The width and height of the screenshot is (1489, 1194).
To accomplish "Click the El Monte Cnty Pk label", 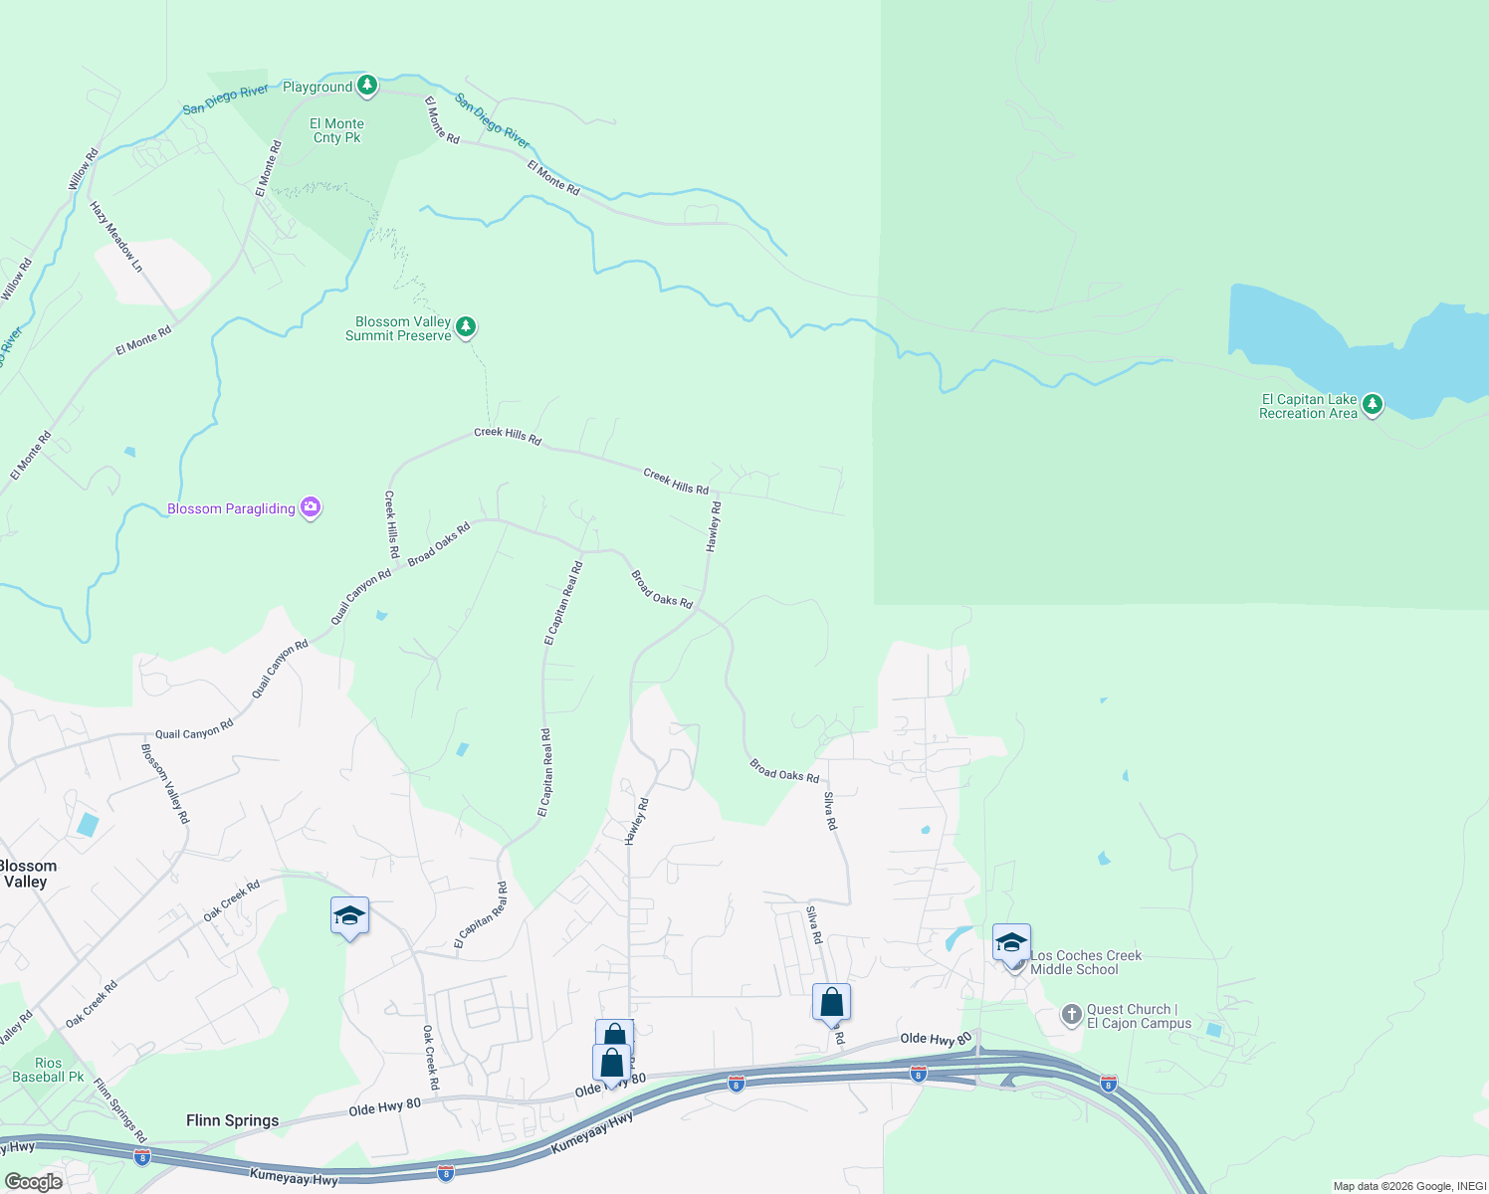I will coord(337,131).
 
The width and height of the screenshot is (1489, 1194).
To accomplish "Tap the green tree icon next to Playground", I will coord(367,86).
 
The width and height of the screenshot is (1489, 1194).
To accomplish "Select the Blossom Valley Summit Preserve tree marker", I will coord(465,326).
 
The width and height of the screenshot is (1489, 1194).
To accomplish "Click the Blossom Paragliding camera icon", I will coord(311,507).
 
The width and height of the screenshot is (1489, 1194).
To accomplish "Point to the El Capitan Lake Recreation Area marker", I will coord(1373,404).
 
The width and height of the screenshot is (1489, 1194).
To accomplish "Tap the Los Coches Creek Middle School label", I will coord(1085,962).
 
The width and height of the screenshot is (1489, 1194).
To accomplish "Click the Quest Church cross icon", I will coord(1071,1015).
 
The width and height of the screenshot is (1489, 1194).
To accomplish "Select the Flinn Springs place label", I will coord(232,1120).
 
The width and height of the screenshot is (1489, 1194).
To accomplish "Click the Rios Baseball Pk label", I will coord(48,1070).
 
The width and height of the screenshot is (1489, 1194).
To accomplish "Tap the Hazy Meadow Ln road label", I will coord(116,237).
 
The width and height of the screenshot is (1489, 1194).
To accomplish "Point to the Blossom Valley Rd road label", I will coord(165,783).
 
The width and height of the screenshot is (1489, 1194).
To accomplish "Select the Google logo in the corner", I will coord(33,1182).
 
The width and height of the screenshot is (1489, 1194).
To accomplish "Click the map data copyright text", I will coord(1408,1186).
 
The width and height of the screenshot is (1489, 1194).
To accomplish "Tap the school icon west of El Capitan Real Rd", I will coord(349,915).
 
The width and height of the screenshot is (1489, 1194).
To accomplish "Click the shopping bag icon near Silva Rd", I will coord(831,1002).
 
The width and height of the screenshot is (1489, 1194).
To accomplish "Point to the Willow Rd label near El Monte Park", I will coord(84,169).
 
